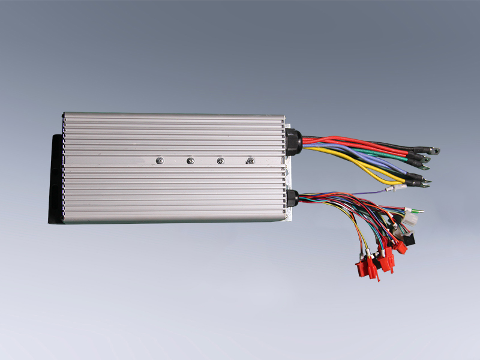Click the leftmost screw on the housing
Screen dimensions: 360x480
[160, 160]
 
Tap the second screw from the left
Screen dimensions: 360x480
[190, 160]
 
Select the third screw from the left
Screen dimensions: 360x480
[220, 160]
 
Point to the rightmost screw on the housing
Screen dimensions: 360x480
[250, 160]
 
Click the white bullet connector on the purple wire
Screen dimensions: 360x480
[396, 189]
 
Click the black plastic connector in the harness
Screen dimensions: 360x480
[408, 238]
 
